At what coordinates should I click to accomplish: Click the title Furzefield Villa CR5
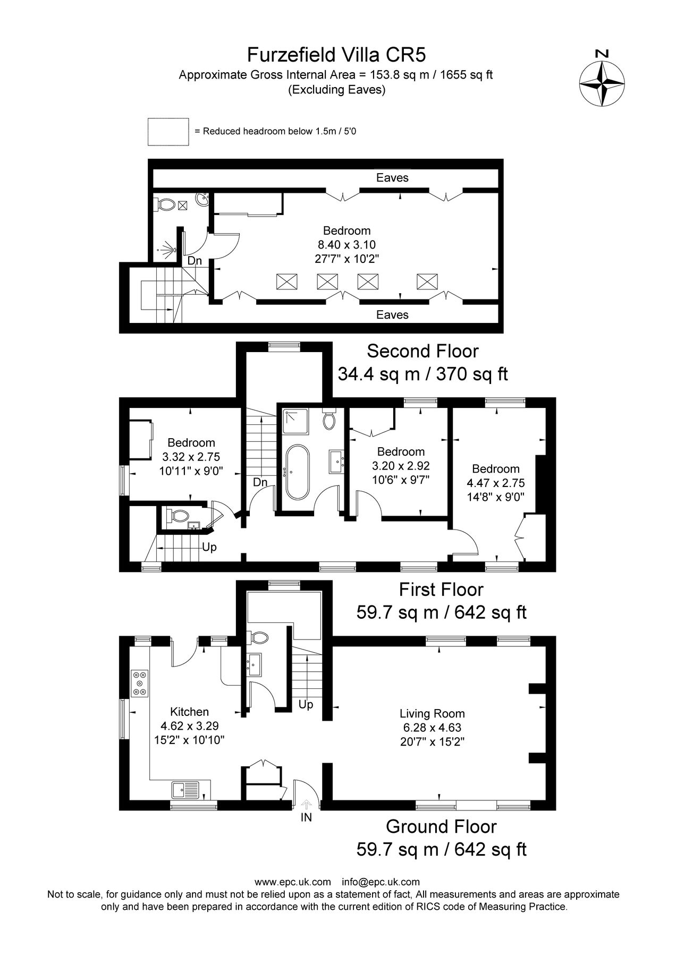[336, 55]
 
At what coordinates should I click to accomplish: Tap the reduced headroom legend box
[168, 131]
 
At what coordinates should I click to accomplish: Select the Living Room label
[432, 714]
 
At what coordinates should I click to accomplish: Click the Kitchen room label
[189, 712]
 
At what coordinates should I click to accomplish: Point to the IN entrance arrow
[307, 805]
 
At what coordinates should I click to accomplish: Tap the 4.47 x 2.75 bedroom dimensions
[495, 483]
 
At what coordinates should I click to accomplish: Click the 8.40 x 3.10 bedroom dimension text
[347, 245]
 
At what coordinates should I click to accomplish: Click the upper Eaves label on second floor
[392, 178]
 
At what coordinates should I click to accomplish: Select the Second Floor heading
[422, 351]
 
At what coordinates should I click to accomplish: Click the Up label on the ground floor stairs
[306, 704]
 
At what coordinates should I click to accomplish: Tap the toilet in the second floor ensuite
[166, 204]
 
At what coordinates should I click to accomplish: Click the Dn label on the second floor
[195, 261]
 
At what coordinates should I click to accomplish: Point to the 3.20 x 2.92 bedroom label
[401, 466]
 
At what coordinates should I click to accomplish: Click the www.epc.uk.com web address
[293, 882]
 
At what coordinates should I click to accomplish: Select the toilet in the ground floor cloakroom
[260, 637]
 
